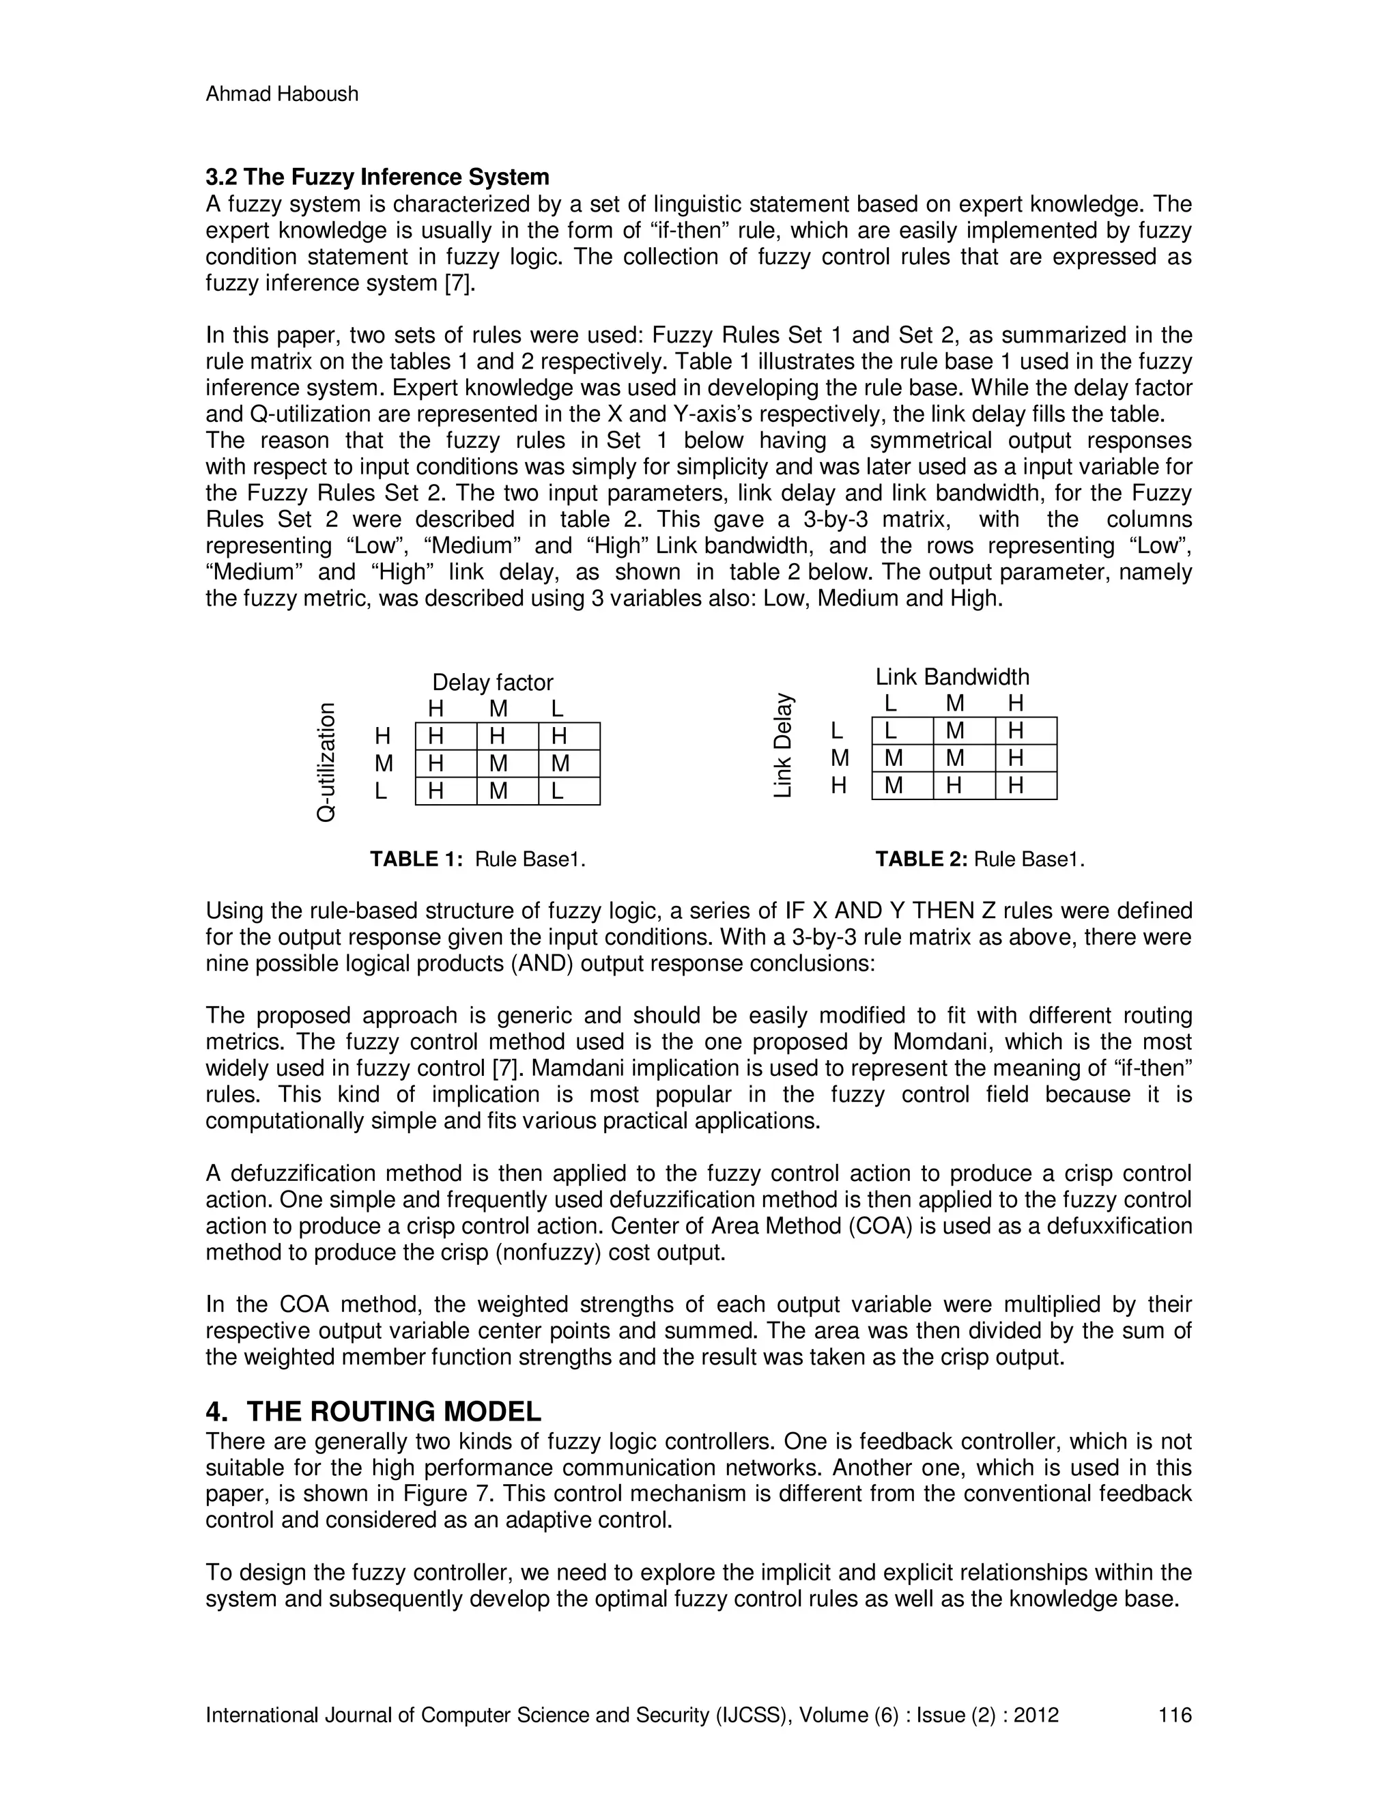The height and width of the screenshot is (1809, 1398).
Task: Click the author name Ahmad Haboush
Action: tap(282, 94)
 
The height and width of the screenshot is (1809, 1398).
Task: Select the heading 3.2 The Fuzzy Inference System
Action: tap(377, 177)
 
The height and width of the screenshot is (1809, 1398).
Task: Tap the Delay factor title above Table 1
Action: tap(493, 683)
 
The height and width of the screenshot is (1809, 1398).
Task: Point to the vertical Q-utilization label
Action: tap(327, 762)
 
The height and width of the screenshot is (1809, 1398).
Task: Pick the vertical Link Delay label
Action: tap(784, 745)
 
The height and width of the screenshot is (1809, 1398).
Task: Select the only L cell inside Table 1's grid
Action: tap(558, 791)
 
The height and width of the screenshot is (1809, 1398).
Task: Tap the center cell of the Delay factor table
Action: tap(498, 764)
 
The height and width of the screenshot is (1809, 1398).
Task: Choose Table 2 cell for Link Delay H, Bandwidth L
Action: tap(894, 785)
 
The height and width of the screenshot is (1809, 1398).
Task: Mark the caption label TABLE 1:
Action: tap(416, 859)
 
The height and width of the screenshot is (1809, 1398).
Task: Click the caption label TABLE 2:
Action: tap(922, 859)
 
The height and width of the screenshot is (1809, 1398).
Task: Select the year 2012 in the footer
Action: tap(1036, 1715)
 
